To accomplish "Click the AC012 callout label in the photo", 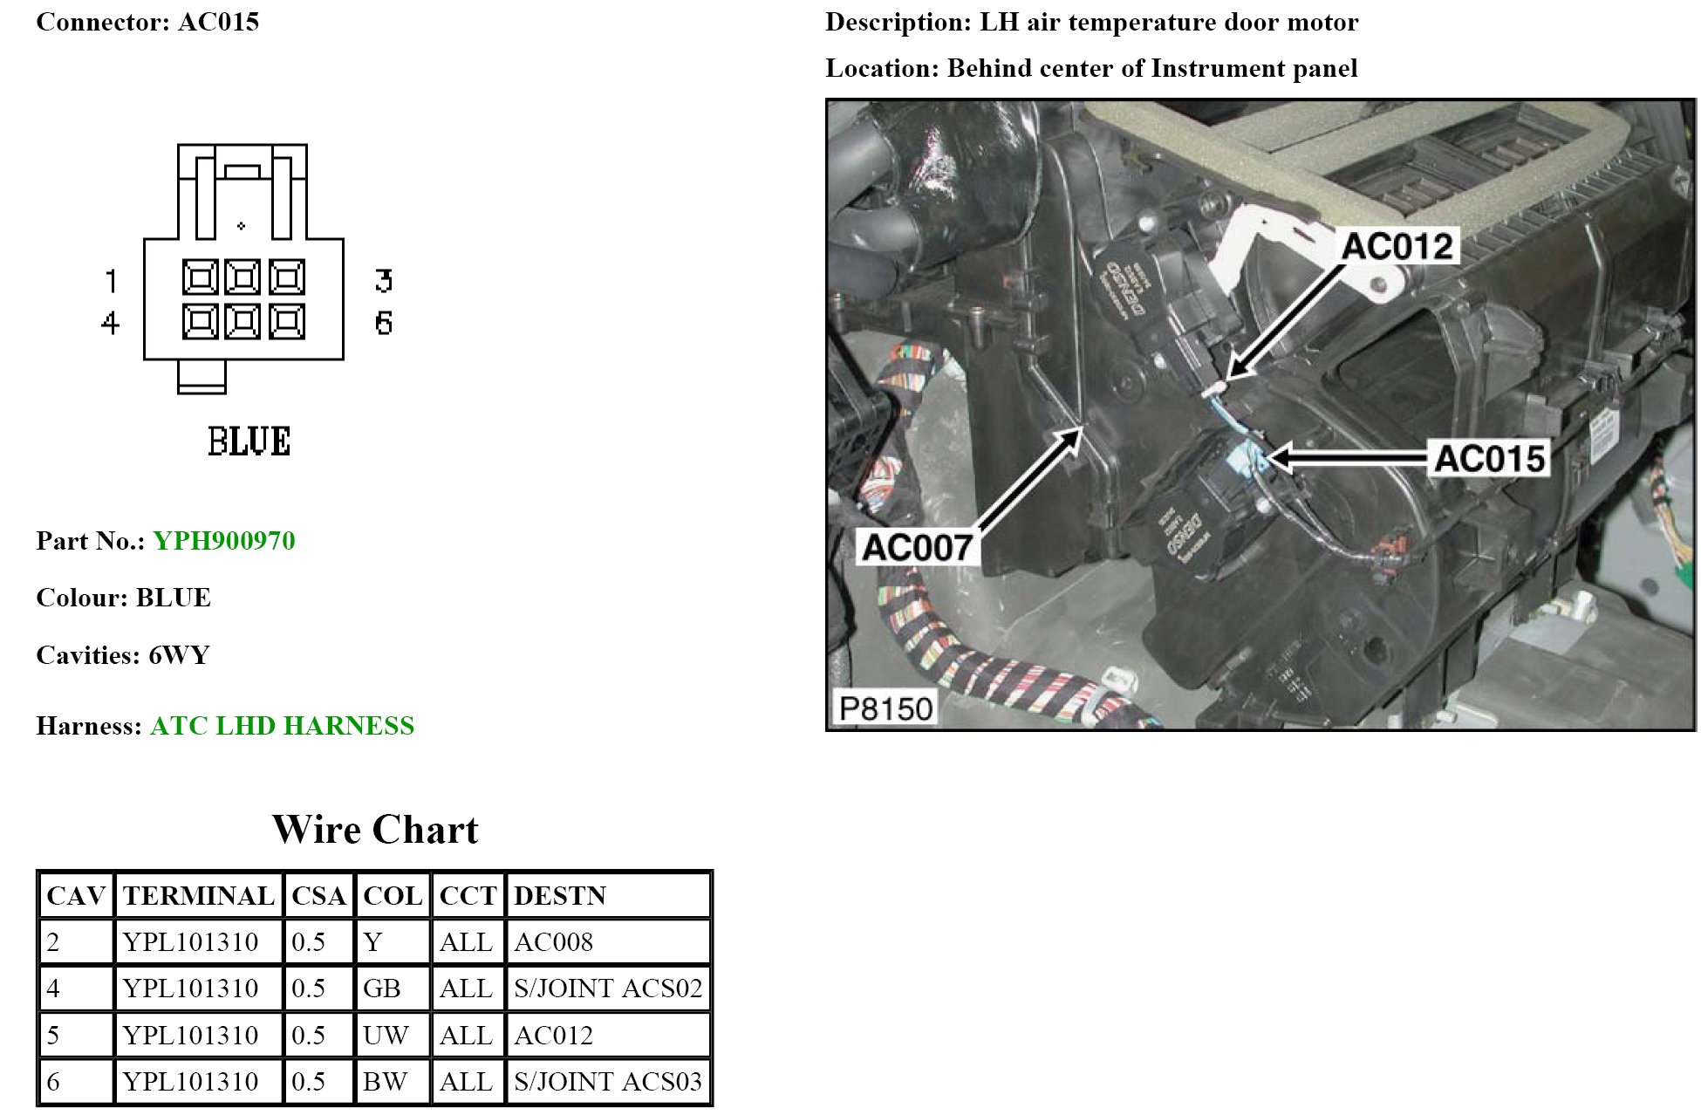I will point(1397,246).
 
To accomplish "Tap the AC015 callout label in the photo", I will point(1489,458).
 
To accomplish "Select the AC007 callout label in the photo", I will point(916,547).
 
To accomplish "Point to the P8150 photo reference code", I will point(885,708).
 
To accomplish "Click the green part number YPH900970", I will point(224,541).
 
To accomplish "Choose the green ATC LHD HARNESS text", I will point(282,726).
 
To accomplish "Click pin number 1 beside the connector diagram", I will point(111,281).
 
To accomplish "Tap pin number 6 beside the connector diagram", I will point(384,323).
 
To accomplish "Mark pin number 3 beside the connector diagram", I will point(384,281).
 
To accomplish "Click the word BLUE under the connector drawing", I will point(249,441).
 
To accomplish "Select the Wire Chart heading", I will point(375,830).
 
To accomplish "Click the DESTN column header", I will point(560,896).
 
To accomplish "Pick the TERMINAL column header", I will point(199,896).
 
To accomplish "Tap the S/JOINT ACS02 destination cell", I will point(608,988).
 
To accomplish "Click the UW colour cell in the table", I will point(386,1036).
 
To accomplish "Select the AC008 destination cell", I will point(554,942).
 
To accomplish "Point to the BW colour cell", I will point(386,1082).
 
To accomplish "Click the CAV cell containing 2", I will point(54,942).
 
